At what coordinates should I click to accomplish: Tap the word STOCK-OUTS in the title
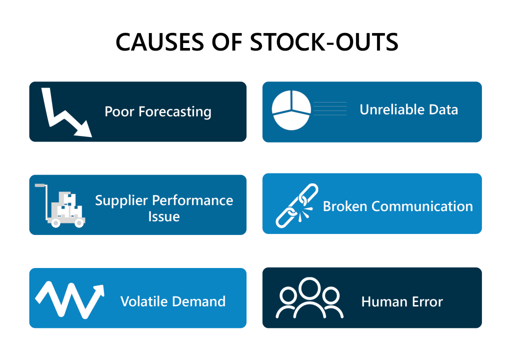click(323, 43)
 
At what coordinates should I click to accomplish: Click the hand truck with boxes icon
click(61, 206)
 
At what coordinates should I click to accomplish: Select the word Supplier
click(121, 200)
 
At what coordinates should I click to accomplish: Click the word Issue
click(163, 217)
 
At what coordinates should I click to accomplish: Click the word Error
click(425, 301)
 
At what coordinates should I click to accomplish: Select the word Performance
click(193, 200)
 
